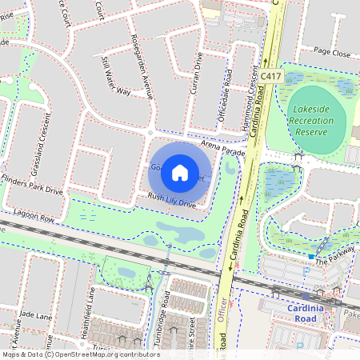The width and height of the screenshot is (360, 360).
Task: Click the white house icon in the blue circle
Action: (180, 171)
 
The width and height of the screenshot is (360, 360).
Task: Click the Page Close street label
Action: (332, 53)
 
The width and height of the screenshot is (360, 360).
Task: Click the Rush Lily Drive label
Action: (172, 201)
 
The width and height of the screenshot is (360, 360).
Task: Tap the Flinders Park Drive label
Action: (31, 185)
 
